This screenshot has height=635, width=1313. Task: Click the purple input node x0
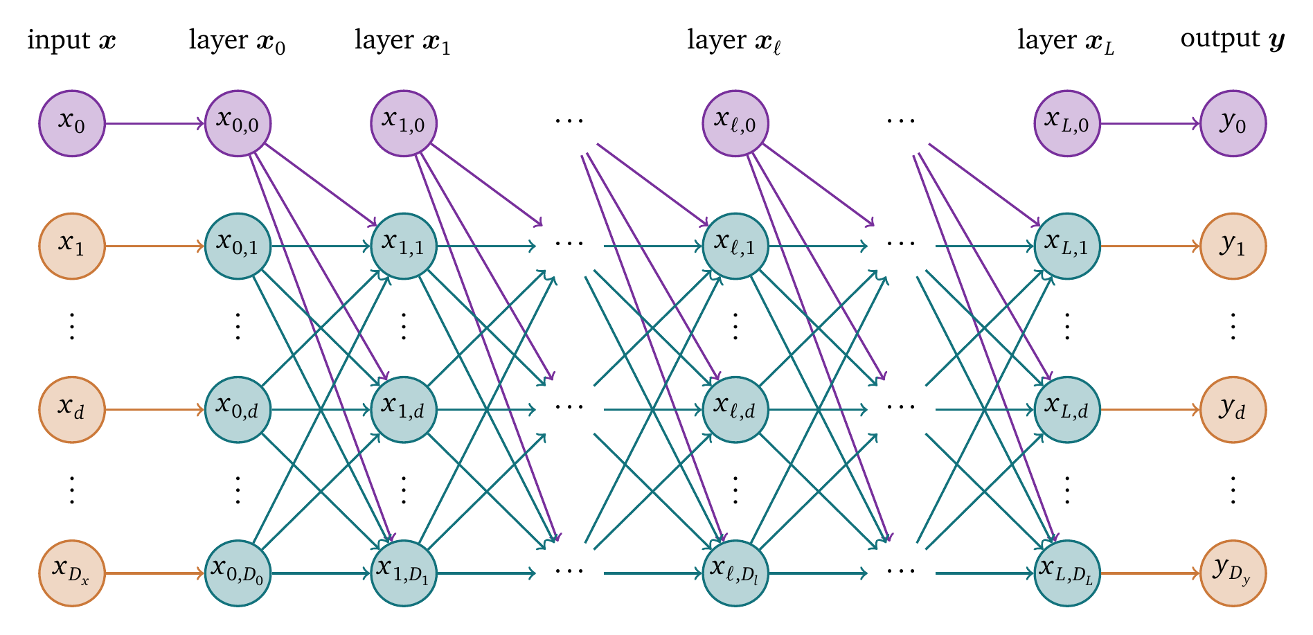71,124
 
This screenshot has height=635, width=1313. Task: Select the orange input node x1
71,246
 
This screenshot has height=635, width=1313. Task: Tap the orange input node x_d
71,409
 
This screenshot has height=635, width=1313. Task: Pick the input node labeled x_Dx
71,573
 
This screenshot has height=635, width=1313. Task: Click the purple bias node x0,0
238,124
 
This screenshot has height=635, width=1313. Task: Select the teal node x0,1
238,246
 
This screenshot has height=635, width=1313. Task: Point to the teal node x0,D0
238,573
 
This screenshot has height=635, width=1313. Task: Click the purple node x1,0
404,124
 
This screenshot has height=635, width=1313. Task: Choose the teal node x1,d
404,409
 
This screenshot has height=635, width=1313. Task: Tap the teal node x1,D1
404,573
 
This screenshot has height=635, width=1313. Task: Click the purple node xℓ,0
735,124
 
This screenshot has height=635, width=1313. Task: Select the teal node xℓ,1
735,246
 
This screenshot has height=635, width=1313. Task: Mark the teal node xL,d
1067,409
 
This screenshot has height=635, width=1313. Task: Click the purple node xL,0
1067,124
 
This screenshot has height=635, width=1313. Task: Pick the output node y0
1233,124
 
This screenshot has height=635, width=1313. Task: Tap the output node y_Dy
1233,573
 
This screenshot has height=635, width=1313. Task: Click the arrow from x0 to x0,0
154,124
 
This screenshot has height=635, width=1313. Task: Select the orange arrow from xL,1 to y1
1150,246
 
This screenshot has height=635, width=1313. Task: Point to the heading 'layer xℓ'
734,41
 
